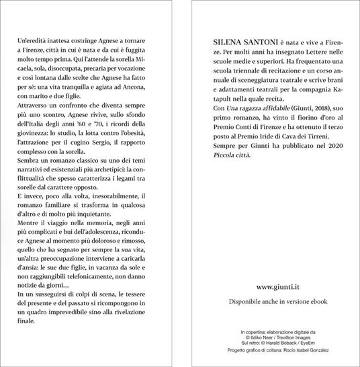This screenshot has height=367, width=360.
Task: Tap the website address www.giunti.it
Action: tap(277, 287)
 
